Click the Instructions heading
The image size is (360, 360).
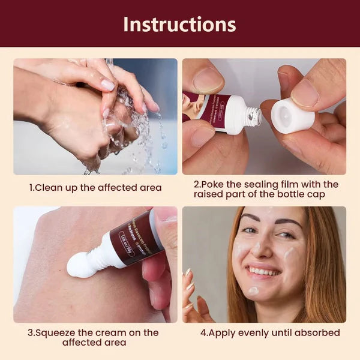point(179,24)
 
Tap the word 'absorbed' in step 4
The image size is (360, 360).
point(319,332)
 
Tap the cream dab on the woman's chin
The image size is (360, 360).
point(254,291)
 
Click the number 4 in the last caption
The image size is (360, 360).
point(203,332)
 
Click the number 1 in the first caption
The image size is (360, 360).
point(32,188)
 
